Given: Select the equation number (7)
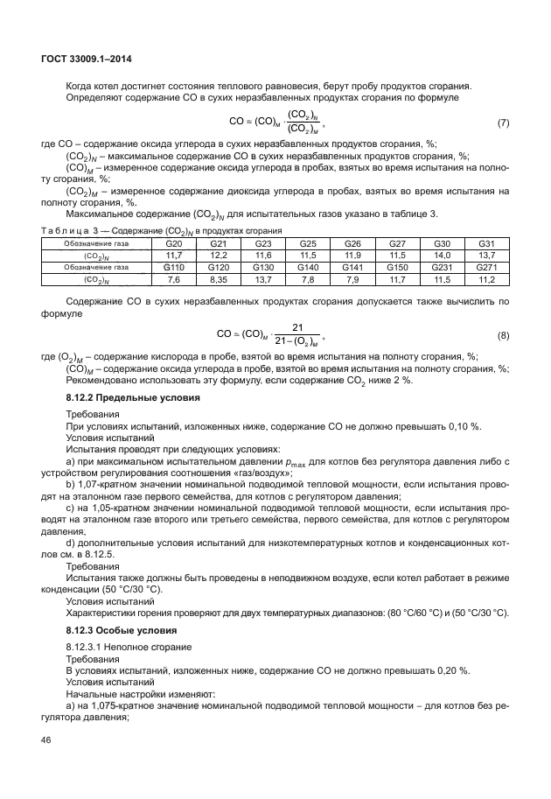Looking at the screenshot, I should point(503,122).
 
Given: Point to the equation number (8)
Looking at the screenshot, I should point(503,335).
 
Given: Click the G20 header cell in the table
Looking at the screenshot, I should point(175,243).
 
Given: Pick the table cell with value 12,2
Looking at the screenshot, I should point(219,255).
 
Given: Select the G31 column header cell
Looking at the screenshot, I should point(486,243).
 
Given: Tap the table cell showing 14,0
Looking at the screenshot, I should point(442,255).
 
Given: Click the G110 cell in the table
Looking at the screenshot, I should point(175,267).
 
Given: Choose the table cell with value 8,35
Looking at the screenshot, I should point(219,279).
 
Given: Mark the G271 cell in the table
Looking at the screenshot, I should point(486,267).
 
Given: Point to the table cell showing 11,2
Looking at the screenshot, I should point(486,279).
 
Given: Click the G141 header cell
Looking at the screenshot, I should point(352,267).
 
